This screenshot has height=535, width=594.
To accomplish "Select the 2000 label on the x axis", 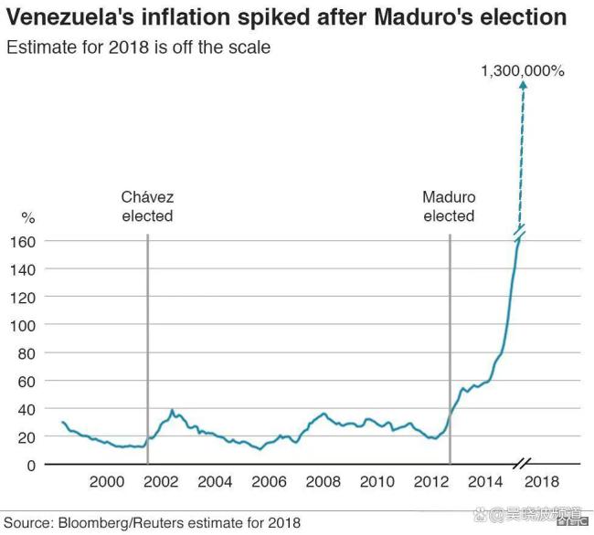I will pyautogui.click(x=107, y=481).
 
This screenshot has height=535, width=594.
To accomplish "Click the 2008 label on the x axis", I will pyautogui.click(x=324, y=481).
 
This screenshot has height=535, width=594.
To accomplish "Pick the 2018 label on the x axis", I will pyautogui.click(x=542, y=481).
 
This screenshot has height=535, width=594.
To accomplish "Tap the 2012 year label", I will pyautogui.click(x=432, y=481).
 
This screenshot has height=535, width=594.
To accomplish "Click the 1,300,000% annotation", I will pyautogui.click(x=523, y=69).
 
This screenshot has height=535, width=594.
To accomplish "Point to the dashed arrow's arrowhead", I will pyautogui.click(x=523, y=85).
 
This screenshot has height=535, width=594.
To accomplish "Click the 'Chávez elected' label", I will pyautogui.click(x=147, y=206).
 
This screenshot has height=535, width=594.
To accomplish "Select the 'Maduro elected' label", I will pyautogui.click(x=449, y=206).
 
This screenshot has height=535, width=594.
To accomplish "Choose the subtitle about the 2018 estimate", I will pyautogui.click(x=139, y=46).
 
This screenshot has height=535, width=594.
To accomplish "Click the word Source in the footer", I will pyautogui.click(x=27, y=523).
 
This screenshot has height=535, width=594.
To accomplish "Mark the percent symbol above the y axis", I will pyautogui.click(x=27, y=218).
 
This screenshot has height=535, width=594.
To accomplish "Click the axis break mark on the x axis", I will pyautogui.click(x=524, y=465).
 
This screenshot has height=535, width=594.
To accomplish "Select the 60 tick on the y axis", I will pyautogui.click(x=26, y=381).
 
